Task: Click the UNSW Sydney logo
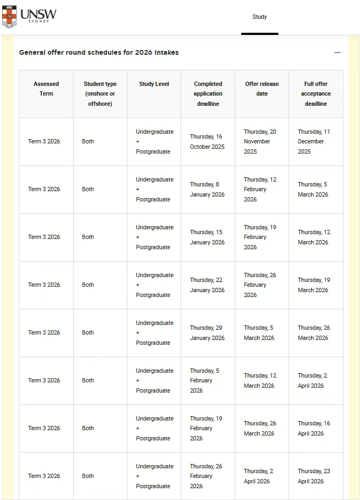click(x=29, y=17)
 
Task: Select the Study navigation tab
click(x=260, y=17)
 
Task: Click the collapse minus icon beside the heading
click(x=337, y=53)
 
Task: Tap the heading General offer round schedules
click(x=99, y=53)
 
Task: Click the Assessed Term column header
click(x=46, y=89)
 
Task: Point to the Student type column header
click(x=100, y=93)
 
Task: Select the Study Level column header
click(x=154, y=84)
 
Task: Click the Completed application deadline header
click(x=208, y=93)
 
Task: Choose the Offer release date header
click(x=262, y=89)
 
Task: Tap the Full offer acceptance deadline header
click(x=315, y=93)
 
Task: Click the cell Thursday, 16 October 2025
click(x=207, y=142)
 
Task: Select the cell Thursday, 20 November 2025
click(x=260, y=141)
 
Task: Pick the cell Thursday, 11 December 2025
click(x=314, y=141)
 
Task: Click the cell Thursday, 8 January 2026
click(x=207, y=190)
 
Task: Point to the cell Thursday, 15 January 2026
click(x=207, y=237)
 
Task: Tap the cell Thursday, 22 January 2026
click(x=207, y=285)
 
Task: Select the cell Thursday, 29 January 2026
click(x=207, y=333)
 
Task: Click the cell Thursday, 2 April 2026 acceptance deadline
click(x=313, y=381)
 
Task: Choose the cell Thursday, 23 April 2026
click(x=314, y=476)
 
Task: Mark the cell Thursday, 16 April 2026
click(x=314, y=429)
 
